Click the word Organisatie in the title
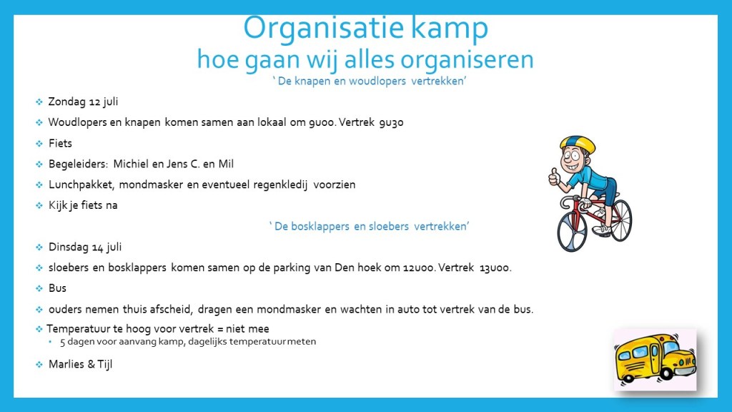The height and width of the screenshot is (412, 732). (324, 29)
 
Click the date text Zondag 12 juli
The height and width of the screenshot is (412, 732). (83, 102)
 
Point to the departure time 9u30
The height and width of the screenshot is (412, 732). (391, 123)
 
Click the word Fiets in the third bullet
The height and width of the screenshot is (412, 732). (60, 143)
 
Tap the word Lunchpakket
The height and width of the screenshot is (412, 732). (81, 185)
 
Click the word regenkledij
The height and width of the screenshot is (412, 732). (280, 185)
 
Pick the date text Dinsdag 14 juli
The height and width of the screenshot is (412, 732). (85, 247)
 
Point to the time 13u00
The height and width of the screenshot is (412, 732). (495, 268)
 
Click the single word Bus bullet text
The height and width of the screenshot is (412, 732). (57, 288)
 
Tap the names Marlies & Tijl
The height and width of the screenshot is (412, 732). (80, 364)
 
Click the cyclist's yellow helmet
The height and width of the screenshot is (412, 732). (578, 144)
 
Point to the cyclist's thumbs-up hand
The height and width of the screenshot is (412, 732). (555, 177)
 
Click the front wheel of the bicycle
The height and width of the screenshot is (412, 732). (571, 232)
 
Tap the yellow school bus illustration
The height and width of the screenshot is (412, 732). (655, 359)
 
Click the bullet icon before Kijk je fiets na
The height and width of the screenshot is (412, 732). (39, 205)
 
